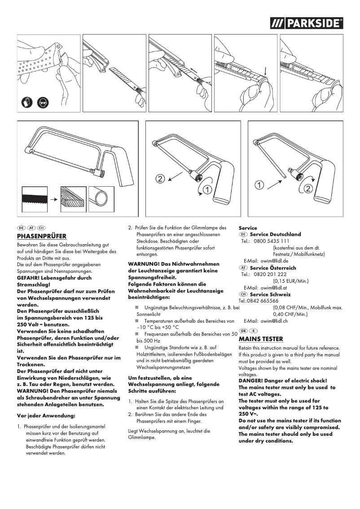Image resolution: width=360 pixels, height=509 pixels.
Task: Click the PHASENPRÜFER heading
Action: point(42,236)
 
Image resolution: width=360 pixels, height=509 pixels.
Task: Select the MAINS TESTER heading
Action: point(261,339)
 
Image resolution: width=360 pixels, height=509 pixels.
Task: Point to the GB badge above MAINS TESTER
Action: point(243,331)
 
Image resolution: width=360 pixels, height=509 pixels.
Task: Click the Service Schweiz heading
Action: point(270,294)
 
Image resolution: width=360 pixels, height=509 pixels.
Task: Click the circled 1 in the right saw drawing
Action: point(259,184)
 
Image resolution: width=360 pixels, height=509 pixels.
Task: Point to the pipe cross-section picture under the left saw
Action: point(101,196)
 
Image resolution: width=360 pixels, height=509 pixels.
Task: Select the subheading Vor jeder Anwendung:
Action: point(45,416)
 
